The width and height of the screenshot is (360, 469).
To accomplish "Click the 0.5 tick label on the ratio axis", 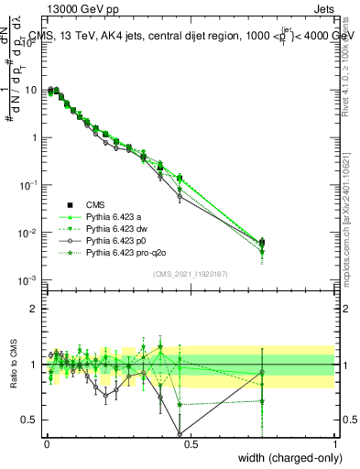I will point(30,420).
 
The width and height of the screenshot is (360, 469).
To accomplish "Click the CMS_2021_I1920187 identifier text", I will point(190,274).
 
